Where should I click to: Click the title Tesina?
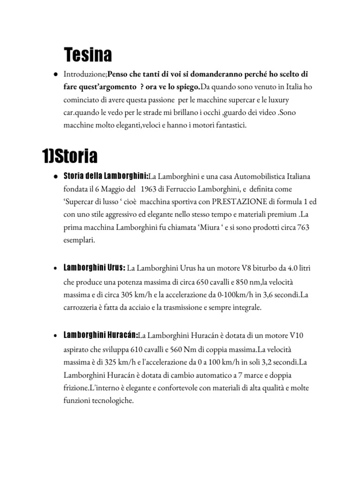click(x=88, y=55)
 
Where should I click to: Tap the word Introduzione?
click(x=85, y=74)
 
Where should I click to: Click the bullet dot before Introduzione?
click(x=55, y=75)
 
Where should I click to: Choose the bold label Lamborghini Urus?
click(x=94, y=267)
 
